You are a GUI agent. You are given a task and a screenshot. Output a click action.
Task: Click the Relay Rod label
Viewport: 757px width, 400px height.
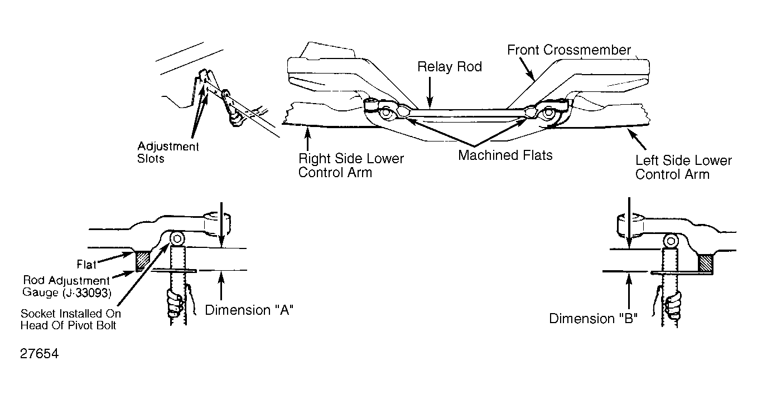tap(450, 67)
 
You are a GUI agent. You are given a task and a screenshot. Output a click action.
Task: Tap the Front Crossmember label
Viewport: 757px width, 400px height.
tap(569, 50)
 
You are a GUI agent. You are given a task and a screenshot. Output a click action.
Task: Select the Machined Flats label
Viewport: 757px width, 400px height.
tap(505, 155)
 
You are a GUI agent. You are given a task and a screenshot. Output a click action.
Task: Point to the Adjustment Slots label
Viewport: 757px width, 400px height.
tap(168, 152)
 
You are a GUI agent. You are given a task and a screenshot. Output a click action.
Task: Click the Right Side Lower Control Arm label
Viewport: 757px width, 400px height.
tap(351, 165)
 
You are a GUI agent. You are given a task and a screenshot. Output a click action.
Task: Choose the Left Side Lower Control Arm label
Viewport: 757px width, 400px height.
tap(683, 168)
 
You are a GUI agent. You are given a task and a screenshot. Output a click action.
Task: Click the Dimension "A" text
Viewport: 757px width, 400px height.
tap(249, 310)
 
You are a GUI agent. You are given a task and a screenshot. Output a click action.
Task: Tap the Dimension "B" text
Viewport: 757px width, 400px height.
tap(593, 319)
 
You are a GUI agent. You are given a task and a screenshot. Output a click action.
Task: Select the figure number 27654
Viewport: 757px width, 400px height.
tap(39, 354)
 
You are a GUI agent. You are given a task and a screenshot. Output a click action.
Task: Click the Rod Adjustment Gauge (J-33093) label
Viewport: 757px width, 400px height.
tap(66, 286)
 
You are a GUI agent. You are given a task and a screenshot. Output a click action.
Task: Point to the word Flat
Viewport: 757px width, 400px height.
tap(86, 264)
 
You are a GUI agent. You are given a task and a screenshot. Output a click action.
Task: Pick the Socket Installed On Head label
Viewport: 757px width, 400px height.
tap(71, 319)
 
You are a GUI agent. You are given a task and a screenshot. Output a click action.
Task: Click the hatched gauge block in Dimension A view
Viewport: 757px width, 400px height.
tap(143, 260)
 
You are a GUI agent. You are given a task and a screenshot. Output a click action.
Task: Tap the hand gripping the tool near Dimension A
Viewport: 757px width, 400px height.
tap(176, 303)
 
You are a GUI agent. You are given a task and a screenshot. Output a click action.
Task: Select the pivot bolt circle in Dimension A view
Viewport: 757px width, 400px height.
tap(177, 239)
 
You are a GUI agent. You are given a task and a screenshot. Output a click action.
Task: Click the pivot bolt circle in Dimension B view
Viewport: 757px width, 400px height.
tap(671, 241)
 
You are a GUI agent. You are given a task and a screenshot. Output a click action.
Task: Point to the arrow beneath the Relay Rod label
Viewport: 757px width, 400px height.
tap(430, 92)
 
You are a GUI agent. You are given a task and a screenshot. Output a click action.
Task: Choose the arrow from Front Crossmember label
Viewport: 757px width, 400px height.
tap(527, 69)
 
